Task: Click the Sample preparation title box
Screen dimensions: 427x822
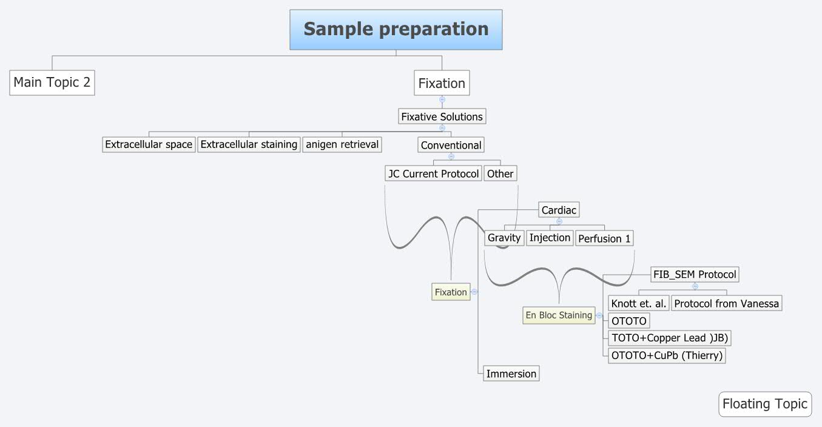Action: click(396, 29)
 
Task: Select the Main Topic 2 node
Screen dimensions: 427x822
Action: click(52, 82)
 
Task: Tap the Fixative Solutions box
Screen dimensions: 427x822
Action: click(442, 116)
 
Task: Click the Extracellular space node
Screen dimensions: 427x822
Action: click(149, 144)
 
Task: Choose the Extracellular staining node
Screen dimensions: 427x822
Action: click(249, 144)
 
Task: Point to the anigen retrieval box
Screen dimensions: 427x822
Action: click(342, 144)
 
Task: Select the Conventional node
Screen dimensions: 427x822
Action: click(451, 145)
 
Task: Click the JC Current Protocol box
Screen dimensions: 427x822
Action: click(434, 173)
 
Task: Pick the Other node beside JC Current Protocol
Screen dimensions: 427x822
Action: click(500, 173)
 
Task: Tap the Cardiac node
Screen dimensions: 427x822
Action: click(559, 210)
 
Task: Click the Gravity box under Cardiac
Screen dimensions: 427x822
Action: click(504, 238)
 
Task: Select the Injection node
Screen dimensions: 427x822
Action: click(550, 238)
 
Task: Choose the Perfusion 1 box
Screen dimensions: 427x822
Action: click(604, 238)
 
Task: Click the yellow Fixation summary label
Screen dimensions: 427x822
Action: click(451, 292)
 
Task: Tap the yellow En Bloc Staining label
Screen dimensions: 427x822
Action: click(559, 315)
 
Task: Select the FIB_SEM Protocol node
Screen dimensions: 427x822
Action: click(695, 274)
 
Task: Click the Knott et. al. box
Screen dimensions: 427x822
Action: click(639, 303)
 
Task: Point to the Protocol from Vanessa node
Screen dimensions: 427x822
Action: click(726, 303)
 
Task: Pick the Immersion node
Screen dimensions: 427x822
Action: click(511, 374)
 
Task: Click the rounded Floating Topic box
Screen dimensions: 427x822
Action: click(764, 404)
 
